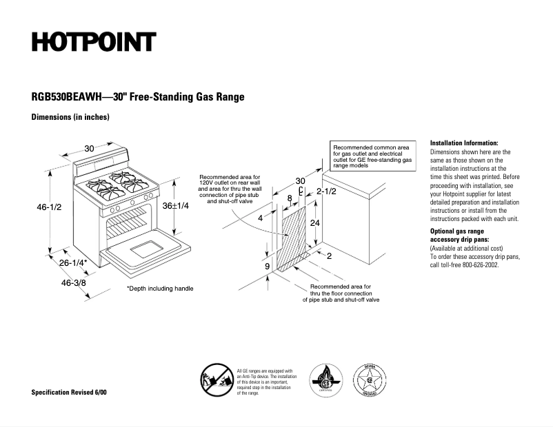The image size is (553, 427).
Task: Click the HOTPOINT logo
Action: pyautogui.click(x=94, y=43)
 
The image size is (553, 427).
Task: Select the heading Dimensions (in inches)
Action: pyautogui.click(x=70, y=117)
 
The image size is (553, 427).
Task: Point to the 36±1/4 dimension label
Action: pyautogui.click(x=176, y=206)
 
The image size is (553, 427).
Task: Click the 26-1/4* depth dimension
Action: pyautogui.click(x=73, y=263)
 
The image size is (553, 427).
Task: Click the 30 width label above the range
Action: pyautogui.click(x=90, y=149)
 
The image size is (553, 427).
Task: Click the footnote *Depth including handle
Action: pyautogui.click(x=160, y=289)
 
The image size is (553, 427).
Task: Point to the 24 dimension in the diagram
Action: pyautogui.click(x=314, y=223)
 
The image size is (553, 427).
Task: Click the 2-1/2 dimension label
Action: pyautogui.click(x=326, y=191)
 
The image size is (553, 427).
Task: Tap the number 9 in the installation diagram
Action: pyautogui.click(x=267, y=266)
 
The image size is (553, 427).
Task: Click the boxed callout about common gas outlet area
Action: pyautogui.click(x=372, y=157)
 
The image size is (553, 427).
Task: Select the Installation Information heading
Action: pyautogui.click(x=464, y=143)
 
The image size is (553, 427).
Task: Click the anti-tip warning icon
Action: pyautogui.click(x=214, y=381)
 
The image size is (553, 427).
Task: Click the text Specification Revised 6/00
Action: pyautogui.click(x=69, y=392)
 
